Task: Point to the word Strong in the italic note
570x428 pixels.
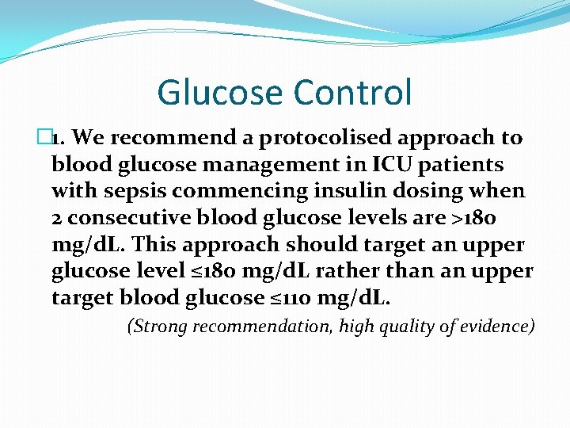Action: (x=156, y=327)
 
